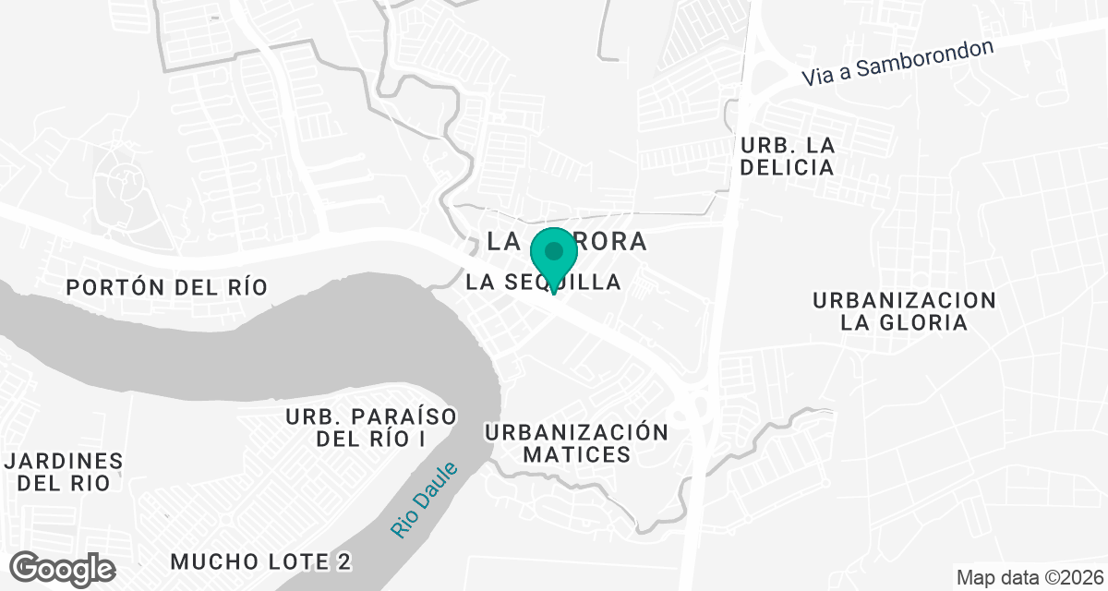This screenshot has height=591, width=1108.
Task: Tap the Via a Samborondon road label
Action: coord(897,63)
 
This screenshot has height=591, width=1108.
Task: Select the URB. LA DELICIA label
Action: coord(788,156)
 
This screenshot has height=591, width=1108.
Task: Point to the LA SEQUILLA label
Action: coord(544,283)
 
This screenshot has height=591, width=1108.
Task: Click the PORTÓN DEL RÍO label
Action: coord(167,287)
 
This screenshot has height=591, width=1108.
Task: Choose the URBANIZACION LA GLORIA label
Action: coord(904,311)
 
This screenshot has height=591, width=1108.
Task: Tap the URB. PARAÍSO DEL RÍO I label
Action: coord(371,428)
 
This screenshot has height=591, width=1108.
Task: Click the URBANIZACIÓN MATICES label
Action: coord(576,443)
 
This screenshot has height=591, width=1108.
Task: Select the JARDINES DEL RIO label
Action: coord(64,471)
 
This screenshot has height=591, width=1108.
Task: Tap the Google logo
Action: coord(64,568)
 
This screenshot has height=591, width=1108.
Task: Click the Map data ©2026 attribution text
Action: coord(1029,578)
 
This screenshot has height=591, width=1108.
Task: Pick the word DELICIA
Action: coord(788,167)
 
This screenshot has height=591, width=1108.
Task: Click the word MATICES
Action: coord(576,454)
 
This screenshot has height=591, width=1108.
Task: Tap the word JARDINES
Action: coord(64,460)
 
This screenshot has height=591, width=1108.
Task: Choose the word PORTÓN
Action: coord(104,287)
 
